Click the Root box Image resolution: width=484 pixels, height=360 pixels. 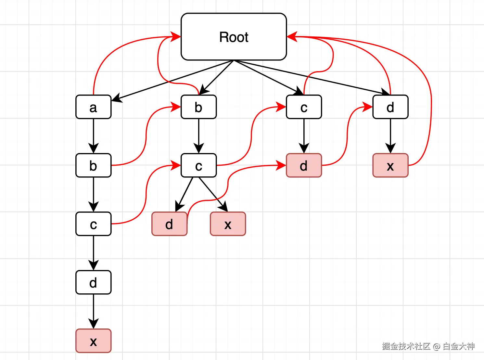pyautogui.click(x=234, y=37)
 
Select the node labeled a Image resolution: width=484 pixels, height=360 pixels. pyautogui.click(x=94, y=107)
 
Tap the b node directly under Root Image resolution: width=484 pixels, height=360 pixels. pyautogui.click(x=198, y=107)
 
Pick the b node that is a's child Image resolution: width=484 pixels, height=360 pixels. pyautogui.click(x=94, y=165)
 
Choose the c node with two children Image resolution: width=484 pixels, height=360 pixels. pyautogui.click(x=198, y=165)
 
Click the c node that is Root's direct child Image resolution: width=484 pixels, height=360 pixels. pyautogui.click(x=304, y=107)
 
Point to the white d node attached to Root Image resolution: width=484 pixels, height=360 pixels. pyautogui.click(x=390, y=107)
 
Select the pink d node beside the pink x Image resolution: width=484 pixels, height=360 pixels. pyautogui.click(x=169, y=224)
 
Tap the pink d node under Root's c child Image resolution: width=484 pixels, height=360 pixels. pyautogui.click(x=304, y=165)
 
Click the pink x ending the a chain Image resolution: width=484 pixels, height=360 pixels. pyautogui.click(x=94, y=341)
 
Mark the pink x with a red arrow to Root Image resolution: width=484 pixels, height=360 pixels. pyautogui.click(x=390, y=165)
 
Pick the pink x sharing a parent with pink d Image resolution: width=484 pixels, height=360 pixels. pyautogui.click(x=228, y=224)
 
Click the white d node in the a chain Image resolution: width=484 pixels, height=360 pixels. pyautogui.click(x=94, y=282)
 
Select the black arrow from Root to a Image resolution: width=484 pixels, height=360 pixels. pyautogui.click(x=172, y=81)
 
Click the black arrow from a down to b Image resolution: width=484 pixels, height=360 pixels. pyautogui.click(x=94, y=136)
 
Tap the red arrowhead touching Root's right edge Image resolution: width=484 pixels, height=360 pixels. pyautogui.click(x=292, y=37)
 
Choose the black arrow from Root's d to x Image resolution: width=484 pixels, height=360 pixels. pyautogui.click(x=390, y=136)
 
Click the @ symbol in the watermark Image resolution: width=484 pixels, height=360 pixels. pyautogui.click(x=437, y=346)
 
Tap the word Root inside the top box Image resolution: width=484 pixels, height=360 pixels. pyautogui.click(x=234, y=37)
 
